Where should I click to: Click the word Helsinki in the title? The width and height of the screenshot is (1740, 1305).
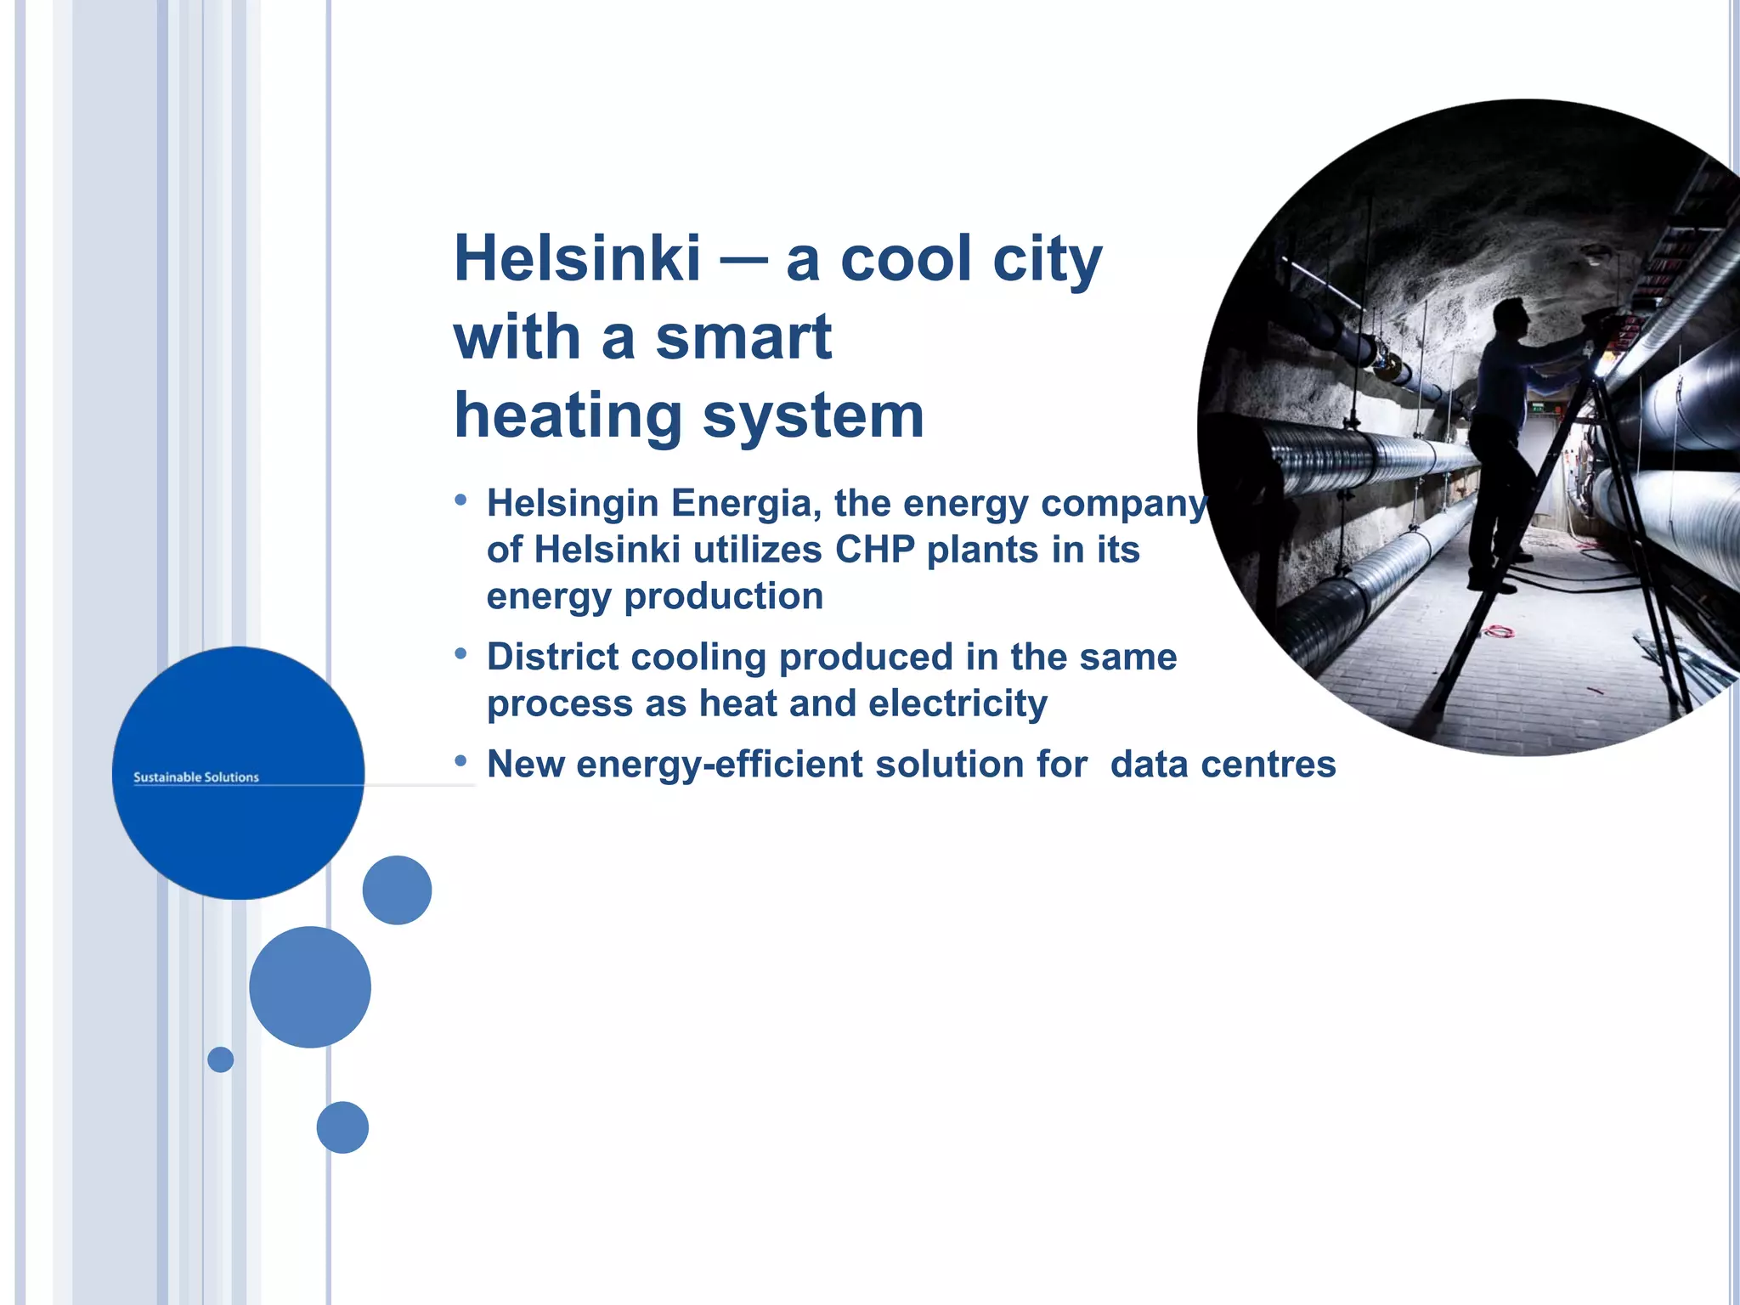click(x=578, y=259)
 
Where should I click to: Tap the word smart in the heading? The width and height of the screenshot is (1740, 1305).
click(x=743, y=337)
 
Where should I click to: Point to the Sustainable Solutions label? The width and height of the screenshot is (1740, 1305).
click(x=196, y=777)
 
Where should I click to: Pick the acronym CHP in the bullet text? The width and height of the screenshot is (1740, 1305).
click(x=874, y=550)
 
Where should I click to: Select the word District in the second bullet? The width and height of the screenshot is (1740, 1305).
click(x=552, y=657)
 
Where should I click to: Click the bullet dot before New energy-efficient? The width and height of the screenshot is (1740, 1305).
click(x=460, y=760)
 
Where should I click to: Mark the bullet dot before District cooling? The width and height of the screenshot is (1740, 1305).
click(x=460, y=653)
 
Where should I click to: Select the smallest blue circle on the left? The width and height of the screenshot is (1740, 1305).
click(x=221, y=1059)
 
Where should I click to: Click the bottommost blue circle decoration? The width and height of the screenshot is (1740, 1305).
click(x=342, y=1127)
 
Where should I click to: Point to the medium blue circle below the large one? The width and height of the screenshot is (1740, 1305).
click(x=310, y=987)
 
